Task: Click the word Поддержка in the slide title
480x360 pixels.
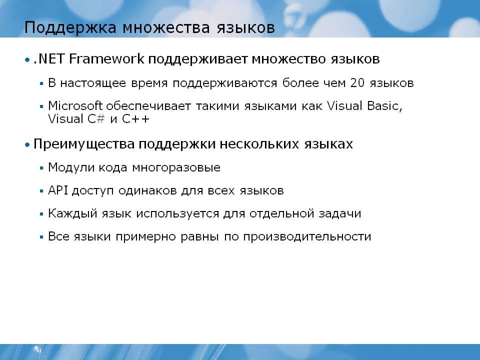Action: tap(70, 28)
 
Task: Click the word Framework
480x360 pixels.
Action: tap(106, 58)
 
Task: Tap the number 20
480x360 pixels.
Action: tap(357, 83)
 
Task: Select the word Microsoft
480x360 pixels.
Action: tap(75, 105)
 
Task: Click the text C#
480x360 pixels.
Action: tap(96, 119)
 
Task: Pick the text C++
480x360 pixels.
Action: tap(135, 119)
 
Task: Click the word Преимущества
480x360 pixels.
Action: tap(84, 144)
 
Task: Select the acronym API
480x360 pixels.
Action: tap(57, 190)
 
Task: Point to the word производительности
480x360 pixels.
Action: tap(307, 236)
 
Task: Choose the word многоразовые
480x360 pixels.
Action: tap(176, 168)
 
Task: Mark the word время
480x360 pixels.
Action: tap(149, 83)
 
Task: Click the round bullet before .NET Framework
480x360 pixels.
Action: tap(27, 59)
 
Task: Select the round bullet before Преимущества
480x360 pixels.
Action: tap(27, 144)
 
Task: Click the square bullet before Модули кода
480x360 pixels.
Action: tap(41, 168)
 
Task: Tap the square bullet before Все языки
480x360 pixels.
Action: tap(41, 237)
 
